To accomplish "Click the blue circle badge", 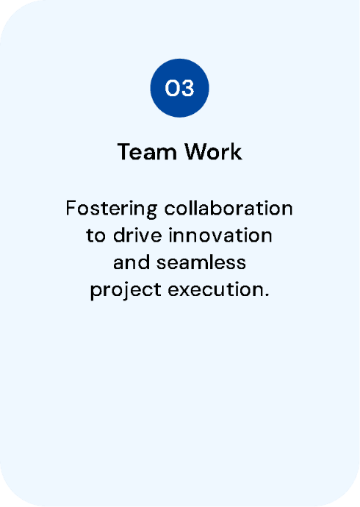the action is tap(180, 88).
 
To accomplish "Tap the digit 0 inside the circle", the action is tap(172, 88).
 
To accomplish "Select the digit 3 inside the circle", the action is tap(187, 88).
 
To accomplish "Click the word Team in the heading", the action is tap(147, 151).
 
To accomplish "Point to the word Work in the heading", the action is tap(213, 151).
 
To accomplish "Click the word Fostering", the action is tap(112, 209).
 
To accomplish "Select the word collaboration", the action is tap(228, 208).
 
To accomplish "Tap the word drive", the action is tap(137, 235).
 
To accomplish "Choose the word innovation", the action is tap(220, 235).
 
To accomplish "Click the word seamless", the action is tap(201, 262).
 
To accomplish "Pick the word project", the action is tap(126, 290).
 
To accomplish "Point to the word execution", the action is tap(215, 290).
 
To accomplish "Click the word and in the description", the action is tap(132, 262).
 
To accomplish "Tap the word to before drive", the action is tap(96, 236).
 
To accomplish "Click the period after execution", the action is tap(266, 295).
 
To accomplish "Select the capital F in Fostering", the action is tap(71, 208).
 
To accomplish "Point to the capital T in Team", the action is tap(124, 151).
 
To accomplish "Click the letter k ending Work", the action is tap(237, 151).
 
